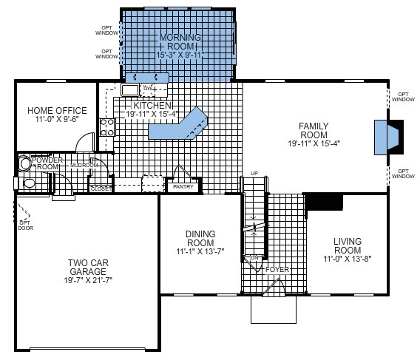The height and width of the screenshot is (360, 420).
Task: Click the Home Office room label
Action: tap(54, 111)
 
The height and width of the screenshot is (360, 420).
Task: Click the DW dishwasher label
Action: tap(147, 89)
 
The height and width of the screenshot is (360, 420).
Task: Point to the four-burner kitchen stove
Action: tap(107, 126)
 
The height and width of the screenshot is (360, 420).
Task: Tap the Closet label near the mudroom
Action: tap(101, 189)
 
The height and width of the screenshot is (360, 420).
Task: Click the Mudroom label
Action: tap(82, 166)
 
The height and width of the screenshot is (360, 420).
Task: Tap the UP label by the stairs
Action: tap(254, 174)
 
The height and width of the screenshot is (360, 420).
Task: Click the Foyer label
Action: tap(278, 270)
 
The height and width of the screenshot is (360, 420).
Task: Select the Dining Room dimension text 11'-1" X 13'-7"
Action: tap(200, 251)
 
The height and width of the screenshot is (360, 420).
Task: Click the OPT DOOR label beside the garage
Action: tap(25, 224)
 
